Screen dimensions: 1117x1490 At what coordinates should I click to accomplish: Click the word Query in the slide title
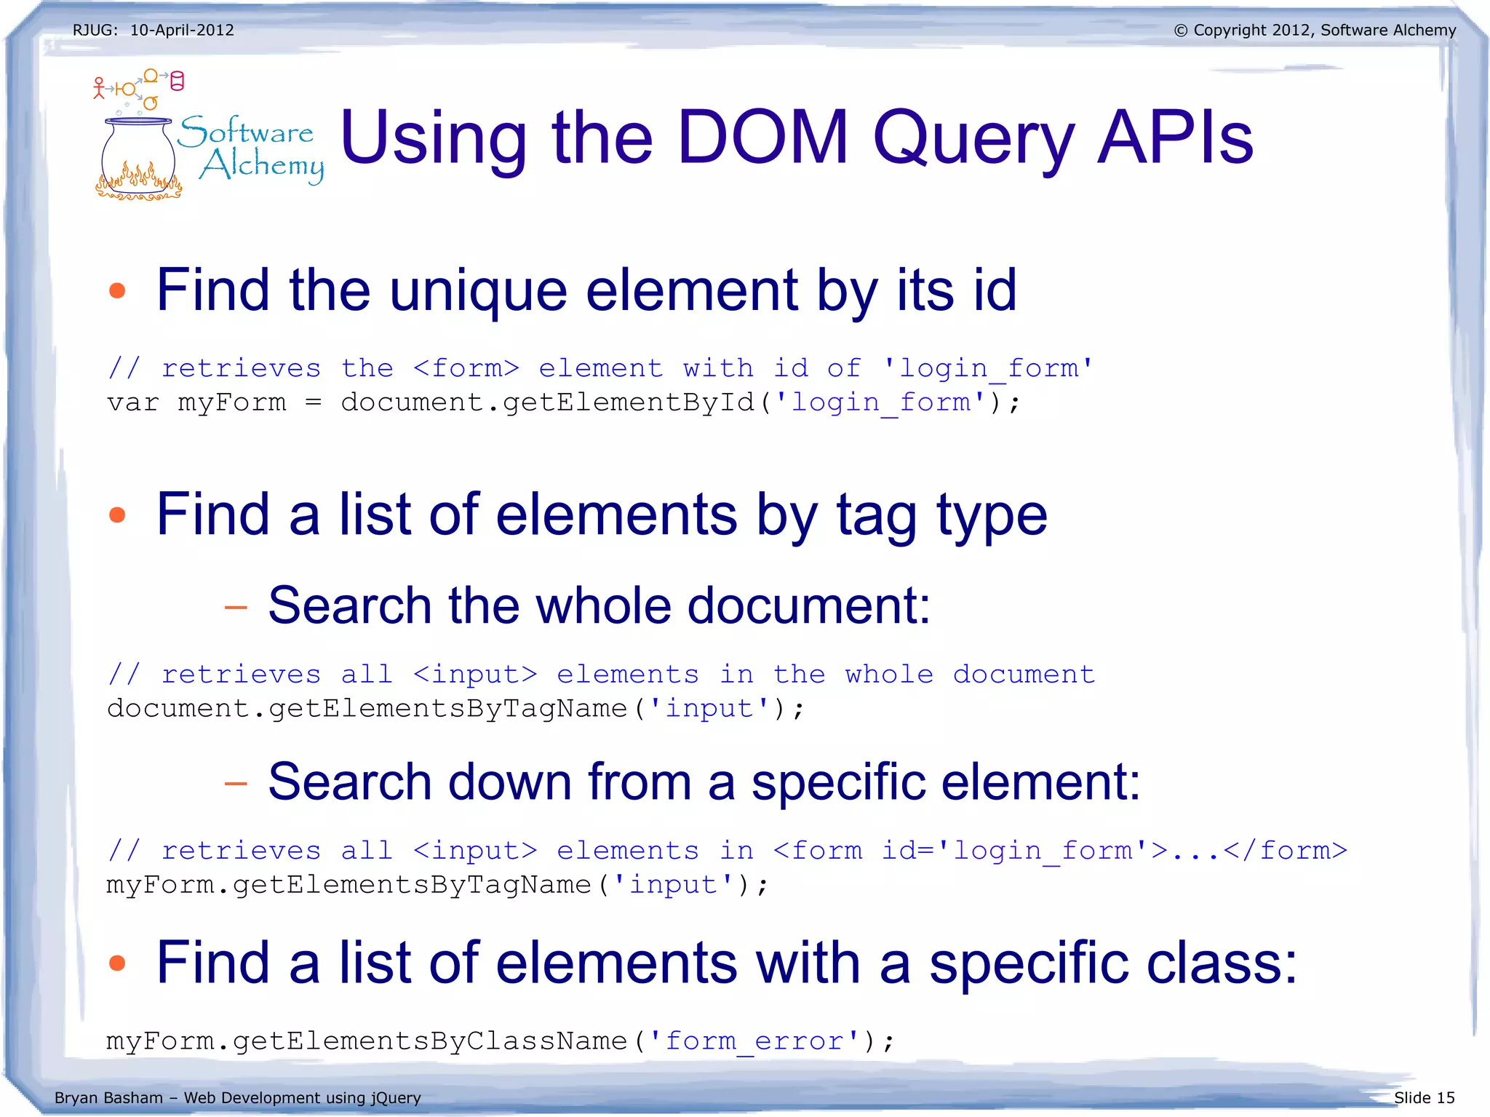pyautogui.click(x=973, y=138)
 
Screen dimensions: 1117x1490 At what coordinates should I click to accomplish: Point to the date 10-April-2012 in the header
pyautogui.click(x=182, y=31)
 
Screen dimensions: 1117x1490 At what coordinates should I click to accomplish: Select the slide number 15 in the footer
pyautogui.click(x=1445, y=1097)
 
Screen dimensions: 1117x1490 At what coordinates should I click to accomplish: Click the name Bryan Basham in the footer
pyautogui.click(x=108, y=1097)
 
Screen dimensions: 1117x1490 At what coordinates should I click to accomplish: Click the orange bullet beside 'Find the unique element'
pyautogui.click(x=117, y=291)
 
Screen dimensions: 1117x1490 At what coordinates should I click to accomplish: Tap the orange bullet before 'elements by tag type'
pyautogui.click(x=117, y=515)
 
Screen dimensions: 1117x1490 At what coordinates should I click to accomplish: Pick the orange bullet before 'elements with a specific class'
pyautogui.click(x=117, y=963)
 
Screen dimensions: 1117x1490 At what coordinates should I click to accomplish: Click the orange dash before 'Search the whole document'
pyautogui.click(x=236, y=606)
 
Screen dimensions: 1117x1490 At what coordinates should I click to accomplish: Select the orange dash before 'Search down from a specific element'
pyautogui.click(x=236, y=783)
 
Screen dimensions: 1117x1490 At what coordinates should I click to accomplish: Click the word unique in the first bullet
pyautogui.click(x=478, y=291)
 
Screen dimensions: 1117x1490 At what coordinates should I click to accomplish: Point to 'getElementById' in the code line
pyautogui.click(x=629, y=402)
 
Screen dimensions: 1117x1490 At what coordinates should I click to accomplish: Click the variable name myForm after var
pyautogui.click(x=232, y=402)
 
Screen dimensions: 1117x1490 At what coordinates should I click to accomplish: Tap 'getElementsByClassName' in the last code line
pyautogui.click(x=430, y=1041)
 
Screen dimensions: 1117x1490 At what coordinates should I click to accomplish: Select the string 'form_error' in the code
pyautogui.click(x=754, y=1041)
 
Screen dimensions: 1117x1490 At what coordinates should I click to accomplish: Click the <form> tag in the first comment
pyautogui.click(x=466, y=368)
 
